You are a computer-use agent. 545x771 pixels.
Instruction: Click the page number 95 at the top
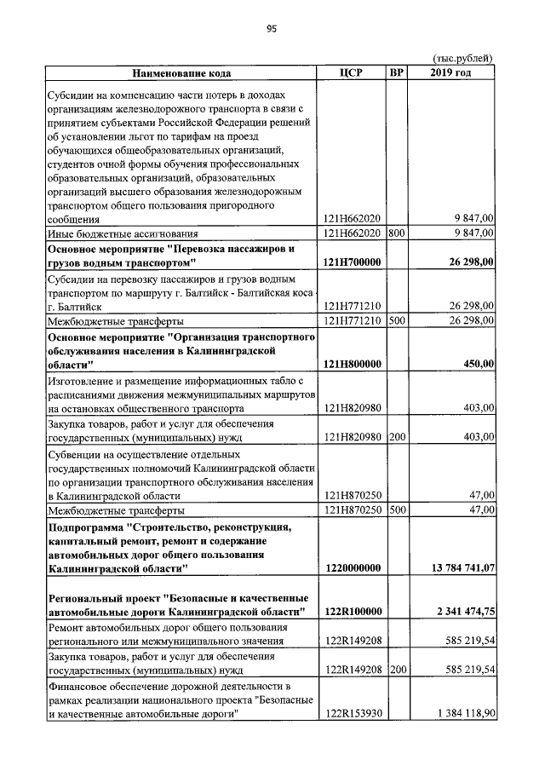pos(272,28)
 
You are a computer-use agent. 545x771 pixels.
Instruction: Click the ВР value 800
pos(396,233)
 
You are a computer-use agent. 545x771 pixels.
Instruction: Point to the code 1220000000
pos(353,567)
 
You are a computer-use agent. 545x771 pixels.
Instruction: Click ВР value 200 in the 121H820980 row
pos(396,437)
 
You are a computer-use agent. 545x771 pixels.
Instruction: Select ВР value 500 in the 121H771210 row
pos(396,320)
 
